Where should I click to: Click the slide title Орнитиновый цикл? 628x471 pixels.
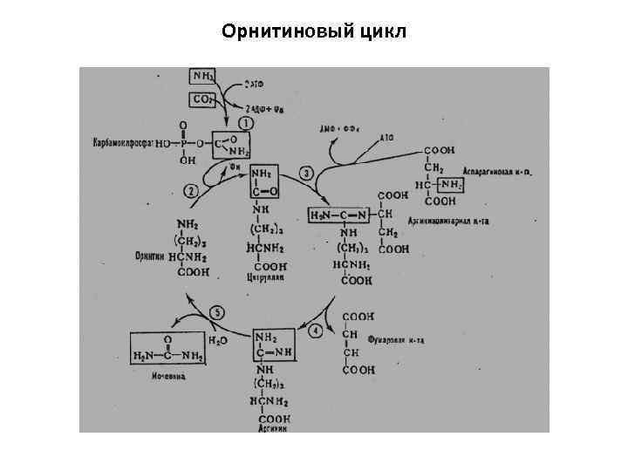point(314,32)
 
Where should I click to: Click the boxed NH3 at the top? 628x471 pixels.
point(206,78)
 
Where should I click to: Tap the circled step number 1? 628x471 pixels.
point(246,124)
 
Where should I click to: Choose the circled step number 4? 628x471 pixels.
point(315,331)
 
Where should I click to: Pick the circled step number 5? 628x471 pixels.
point(219,311)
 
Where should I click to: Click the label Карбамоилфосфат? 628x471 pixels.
point(122,141)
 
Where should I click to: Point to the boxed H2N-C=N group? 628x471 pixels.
point(341,214)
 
